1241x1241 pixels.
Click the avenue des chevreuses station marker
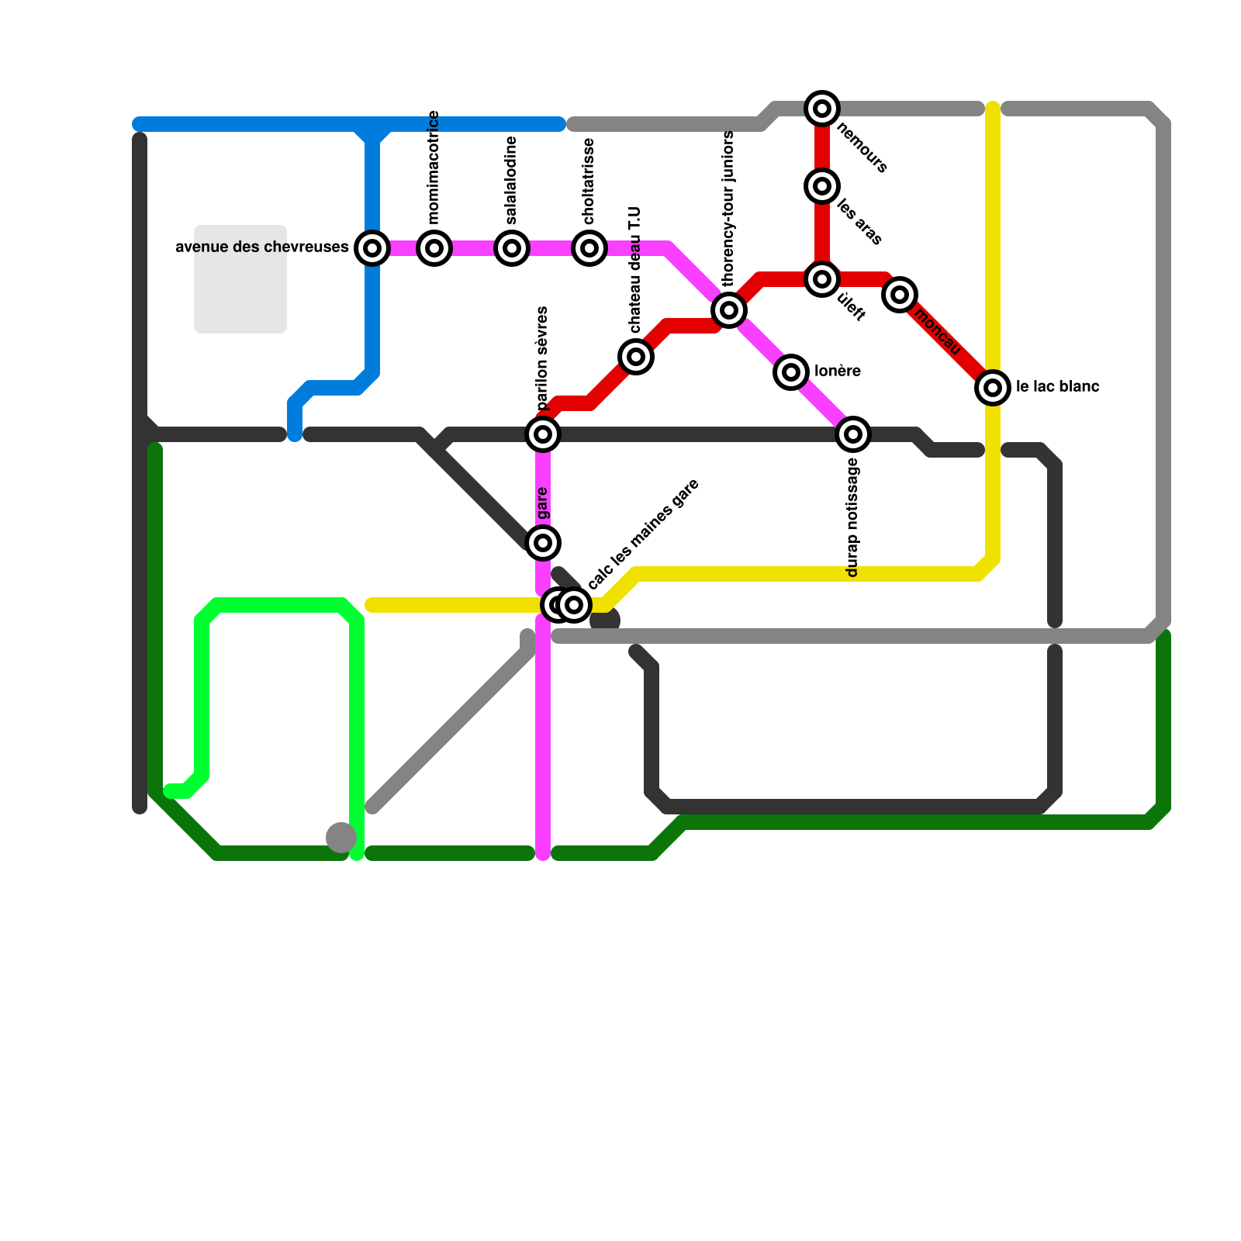point(372,248)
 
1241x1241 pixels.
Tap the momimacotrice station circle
point(434,248)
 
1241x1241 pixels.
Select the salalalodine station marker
point(512,248)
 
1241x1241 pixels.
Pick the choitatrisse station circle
point(589,248)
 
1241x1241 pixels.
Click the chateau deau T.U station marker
point(636,357)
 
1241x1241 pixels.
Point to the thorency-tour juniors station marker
point(729,310)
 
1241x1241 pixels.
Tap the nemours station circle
point(822,109)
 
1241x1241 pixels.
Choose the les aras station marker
point(822,186)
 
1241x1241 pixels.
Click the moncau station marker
point(900,295)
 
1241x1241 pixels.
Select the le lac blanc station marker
point(993,387)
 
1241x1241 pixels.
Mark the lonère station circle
point(791,372)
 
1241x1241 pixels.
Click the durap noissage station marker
point(853,434)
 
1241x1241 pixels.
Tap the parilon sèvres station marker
point(543,434)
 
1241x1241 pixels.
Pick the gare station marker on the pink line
point(543,542)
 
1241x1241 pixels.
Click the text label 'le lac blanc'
point(1058,386)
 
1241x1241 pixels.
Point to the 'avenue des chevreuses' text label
point(262,247)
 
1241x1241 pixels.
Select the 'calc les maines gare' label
point(644,534)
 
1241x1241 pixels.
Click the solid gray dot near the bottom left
point(341,838)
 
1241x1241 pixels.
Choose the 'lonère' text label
point(838,371)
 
